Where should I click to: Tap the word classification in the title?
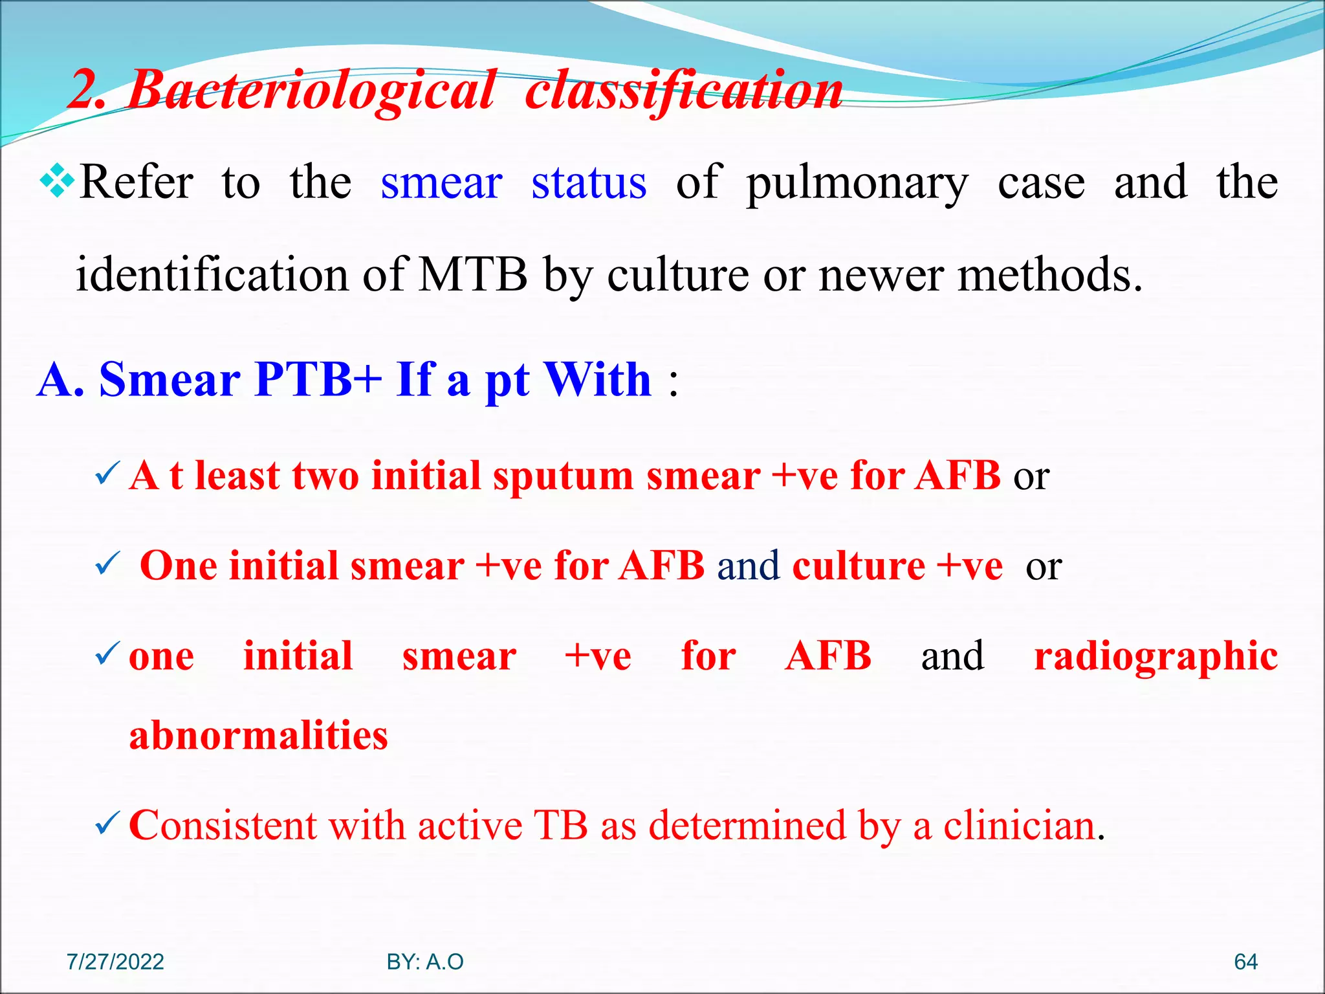pos(684,91)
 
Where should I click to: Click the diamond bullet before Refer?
pos(58,181)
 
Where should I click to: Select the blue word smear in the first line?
pos(441,182)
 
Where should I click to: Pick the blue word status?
pos(589,182)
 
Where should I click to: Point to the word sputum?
pos(563,477)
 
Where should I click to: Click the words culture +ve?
pos(897,566)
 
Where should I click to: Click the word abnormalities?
pos(258,735)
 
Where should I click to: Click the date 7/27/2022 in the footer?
pos(115,962)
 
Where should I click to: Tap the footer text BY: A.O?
pos(425,962)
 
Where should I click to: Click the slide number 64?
pos(1245,962)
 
